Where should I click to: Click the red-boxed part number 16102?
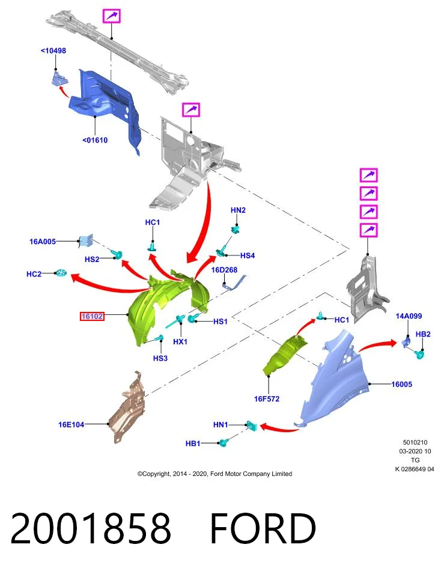pos(92,316)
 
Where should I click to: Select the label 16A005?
pos(43,242)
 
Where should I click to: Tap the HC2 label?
pos(34,274)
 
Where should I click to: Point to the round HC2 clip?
pos(61,273)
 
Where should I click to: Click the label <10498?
pos(53,50)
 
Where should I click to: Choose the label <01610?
pos(95,140)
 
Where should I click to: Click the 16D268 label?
pos(224,270)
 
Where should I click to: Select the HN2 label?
pos(238,210)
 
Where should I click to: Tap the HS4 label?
pos(248,255)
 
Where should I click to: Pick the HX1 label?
pos(180,341)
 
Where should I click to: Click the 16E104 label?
pos(71,424)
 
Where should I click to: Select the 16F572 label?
pos(267,398)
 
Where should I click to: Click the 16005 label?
pos(401,384)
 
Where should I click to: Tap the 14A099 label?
pos(409,316)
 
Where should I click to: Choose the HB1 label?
pos(193,444)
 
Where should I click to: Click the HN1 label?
pos(221,425)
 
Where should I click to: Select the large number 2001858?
pos(91,528)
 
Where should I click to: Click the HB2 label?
pos(423,334)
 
